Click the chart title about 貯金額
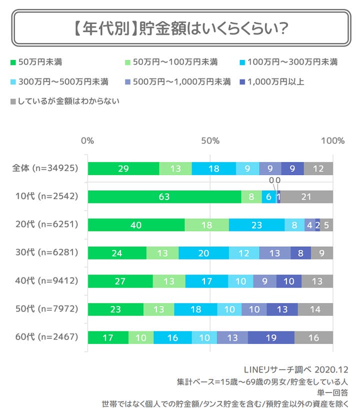click(179, 28)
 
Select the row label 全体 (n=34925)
click(44, 168)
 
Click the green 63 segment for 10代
click(164, 196)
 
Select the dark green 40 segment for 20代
click(136, 225)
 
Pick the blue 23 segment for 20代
click(256, 225)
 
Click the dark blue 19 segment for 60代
click(271, 337)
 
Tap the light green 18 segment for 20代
click(206, 225)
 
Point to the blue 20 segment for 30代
click(203, 253)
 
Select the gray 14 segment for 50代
click(315, 309)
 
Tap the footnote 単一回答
click(334, 392)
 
